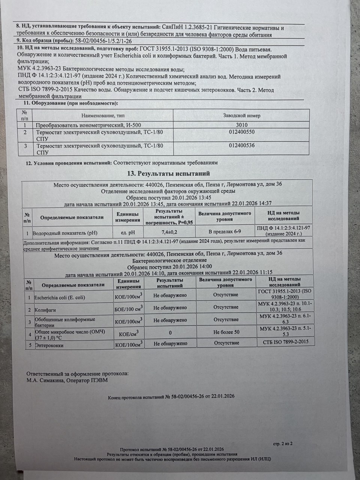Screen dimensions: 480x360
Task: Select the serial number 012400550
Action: point(241,132)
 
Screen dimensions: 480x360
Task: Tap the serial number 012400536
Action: point(241,145)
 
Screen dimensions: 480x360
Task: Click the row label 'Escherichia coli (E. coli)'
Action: point(60,298)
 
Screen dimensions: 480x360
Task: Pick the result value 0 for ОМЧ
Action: point(170,333)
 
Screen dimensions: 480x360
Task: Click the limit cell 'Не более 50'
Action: point(226,332)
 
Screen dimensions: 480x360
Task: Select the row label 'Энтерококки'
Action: point(49,345)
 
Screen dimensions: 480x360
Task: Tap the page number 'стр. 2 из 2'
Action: point(283,444)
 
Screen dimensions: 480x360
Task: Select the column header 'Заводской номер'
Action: point(242,115)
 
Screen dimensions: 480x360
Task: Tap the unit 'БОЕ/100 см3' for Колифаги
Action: point(128,309)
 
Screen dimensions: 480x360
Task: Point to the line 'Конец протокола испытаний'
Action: point(171,396)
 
